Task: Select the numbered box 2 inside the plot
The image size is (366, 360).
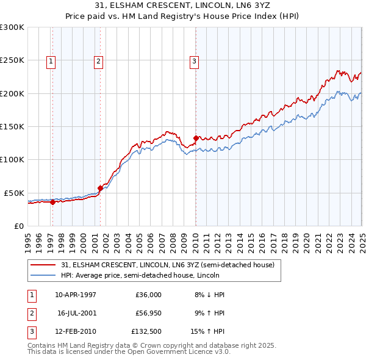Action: click(x=98, y=60)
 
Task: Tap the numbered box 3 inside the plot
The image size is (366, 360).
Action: click(x=193, y=60)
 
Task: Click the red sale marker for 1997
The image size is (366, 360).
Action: click(x=52, y=202)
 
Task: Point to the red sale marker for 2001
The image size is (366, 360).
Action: click(x=100, y=188)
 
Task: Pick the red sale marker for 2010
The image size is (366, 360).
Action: click(x=196, y=138)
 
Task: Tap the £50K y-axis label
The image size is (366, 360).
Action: click(x=15, y=193)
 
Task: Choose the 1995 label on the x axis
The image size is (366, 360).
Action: click(x=28, y=241)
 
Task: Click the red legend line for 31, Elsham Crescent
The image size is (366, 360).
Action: click(x=42, y=265)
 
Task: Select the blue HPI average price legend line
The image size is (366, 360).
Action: click(x=42, y=275)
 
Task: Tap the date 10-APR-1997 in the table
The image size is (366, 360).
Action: click(x=76, y=295)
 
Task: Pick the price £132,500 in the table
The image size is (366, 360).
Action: click(x=146, y=333)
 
